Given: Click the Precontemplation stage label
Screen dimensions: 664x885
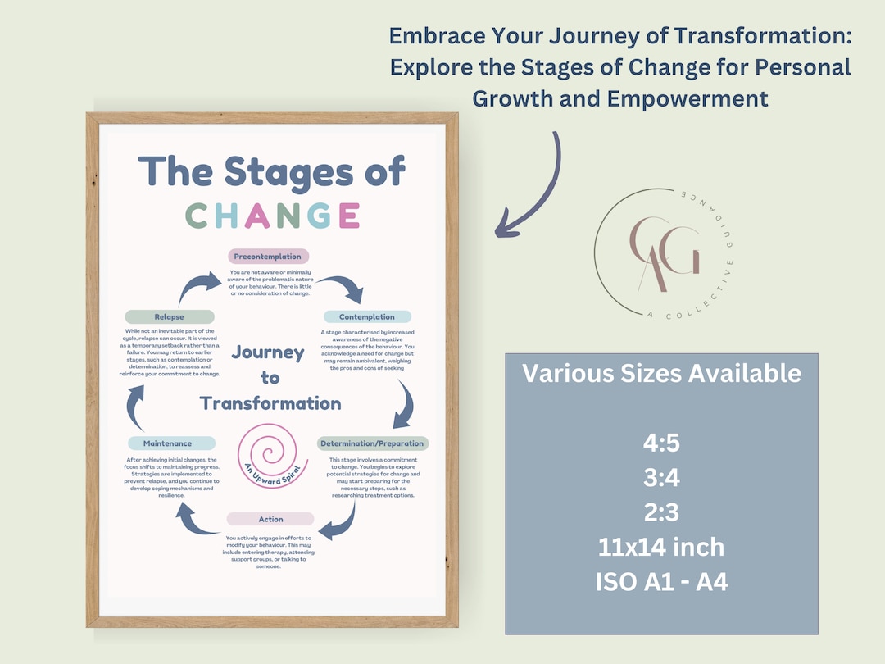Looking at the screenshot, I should pyautogui.click(x=268, y=257).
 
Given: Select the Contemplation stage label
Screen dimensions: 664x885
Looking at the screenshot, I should pyautogui.click(x=367, y=316).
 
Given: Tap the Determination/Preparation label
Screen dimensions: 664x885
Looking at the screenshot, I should pyautogui.click(x=373, y=443).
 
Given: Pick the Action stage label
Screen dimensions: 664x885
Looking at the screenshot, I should pyautogui.click(x=270, y=519).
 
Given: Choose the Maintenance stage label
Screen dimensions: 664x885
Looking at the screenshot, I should pyautogui.click(x=167, y=443).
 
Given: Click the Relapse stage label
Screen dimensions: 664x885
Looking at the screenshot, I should pyautogui.click(x=169, y=316).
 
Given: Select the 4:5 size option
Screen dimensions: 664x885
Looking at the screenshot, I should pyautogui.click(x=661, y=443).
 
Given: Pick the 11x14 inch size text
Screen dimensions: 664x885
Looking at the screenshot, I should pyautogui.click(x=661, y=547).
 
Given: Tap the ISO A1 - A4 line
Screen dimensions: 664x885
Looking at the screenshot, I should pyautogui.click(x=661, y=581).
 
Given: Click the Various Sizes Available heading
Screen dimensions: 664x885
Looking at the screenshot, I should pyautogui.click(x=661, y=374).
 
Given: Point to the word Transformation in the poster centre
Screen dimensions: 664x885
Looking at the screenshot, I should pyautogui.click(x=270, y=402).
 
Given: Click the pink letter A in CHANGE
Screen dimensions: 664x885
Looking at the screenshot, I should pyautogui.click(x=256, y=216).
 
